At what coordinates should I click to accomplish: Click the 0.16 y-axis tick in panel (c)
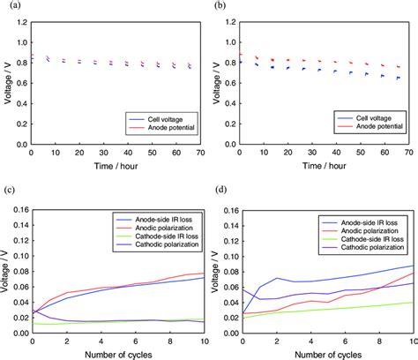coord(18,211)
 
